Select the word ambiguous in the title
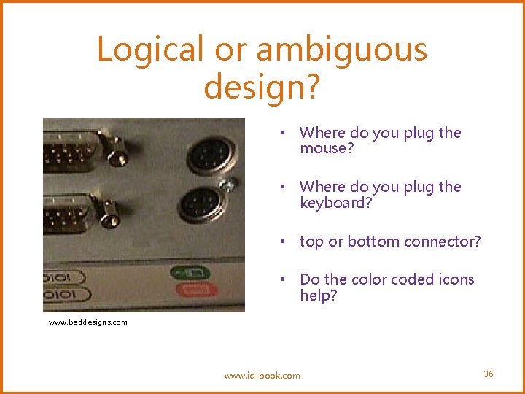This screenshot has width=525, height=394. [341, 50]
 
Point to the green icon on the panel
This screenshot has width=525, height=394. [190, 274]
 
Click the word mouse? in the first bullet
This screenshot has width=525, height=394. [327, 149]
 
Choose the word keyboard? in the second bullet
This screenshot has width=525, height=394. [336, 203]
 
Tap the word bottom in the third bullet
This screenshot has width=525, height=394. [360, 242]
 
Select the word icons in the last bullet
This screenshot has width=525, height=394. [456, 279]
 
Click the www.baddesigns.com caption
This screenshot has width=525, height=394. [88, 322]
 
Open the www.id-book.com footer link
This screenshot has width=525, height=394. [262, 376]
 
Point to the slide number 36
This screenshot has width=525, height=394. [489, 374]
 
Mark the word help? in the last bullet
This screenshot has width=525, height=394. [319, 295]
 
